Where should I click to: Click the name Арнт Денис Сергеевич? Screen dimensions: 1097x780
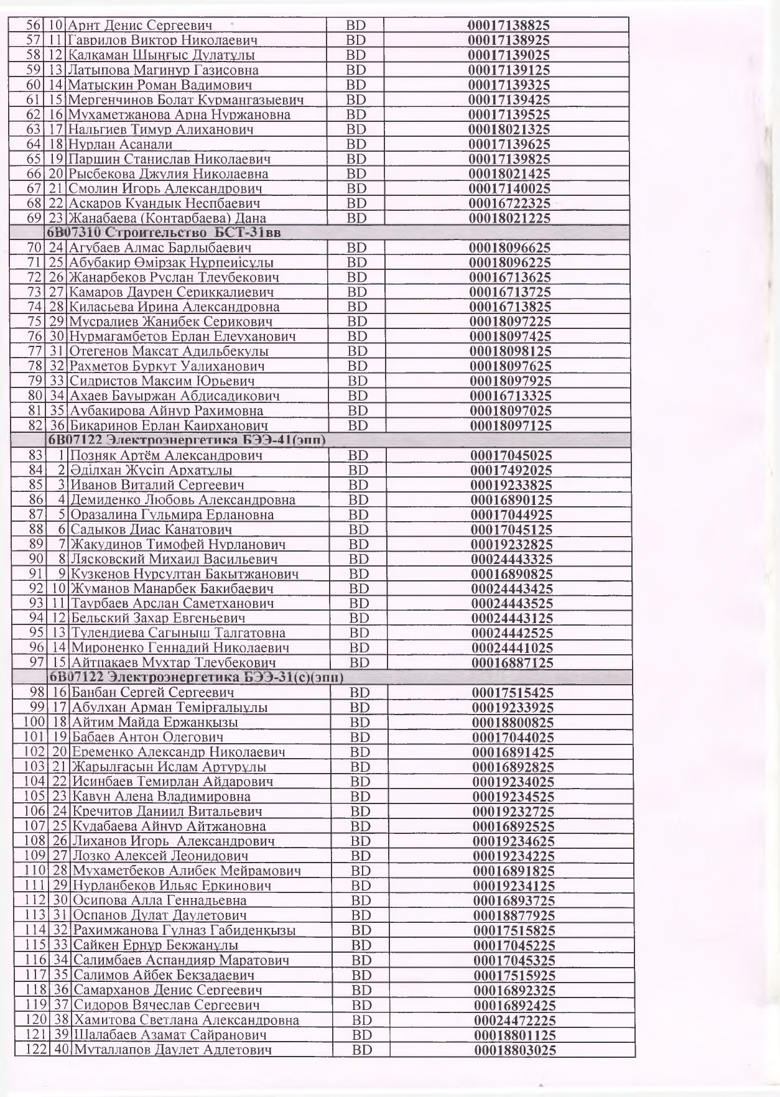140,25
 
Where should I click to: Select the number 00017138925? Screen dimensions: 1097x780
509,40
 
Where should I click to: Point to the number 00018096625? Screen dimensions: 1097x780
509,248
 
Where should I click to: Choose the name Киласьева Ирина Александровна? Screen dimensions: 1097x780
174,307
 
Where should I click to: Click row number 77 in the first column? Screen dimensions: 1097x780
34,351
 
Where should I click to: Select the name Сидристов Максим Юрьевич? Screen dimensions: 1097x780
162,381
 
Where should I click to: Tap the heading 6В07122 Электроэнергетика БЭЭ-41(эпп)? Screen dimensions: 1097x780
187,440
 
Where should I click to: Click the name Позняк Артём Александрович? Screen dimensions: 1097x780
165,455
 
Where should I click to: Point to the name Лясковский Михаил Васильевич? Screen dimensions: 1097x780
174,559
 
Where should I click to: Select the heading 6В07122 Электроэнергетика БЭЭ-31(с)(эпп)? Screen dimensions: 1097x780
197,677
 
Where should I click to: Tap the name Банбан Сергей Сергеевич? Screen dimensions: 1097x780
153,693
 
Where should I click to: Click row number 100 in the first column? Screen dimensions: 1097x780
35,722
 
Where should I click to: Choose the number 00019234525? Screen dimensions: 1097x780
513,797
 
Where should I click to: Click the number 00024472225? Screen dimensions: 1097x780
515,1021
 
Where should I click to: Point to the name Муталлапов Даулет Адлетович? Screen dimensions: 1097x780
173,1050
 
